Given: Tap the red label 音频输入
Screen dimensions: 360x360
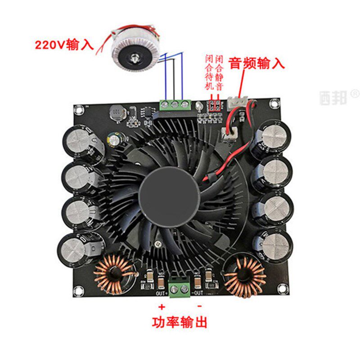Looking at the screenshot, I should pos(257,63).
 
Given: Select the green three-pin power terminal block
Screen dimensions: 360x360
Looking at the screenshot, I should pos(174,105).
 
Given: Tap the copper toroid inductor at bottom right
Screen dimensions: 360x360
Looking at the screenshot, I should pos(245,278).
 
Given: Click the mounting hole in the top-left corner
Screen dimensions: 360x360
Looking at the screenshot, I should pos(80,109).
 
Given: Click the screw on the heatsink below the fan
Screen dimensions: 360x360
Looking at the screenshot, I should pos(157,243).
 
